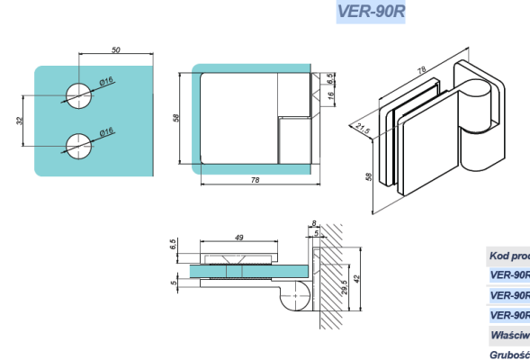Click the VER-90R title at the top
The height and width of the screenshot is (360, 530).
click(x=370, y=13)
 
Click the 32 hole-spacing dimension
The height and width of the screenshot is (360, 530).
click(x=21, y=120)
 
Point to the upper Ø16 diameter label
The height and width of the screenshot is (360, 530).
click(x=105, y=82)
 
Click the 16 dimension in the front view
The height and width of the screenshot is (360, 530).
click(x=331, y=94)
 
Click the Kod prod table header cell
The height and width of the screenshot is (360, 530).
click(x=508, y=256)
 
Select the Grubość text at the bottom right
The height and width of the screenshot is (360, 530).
click(x=509, y=354)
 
